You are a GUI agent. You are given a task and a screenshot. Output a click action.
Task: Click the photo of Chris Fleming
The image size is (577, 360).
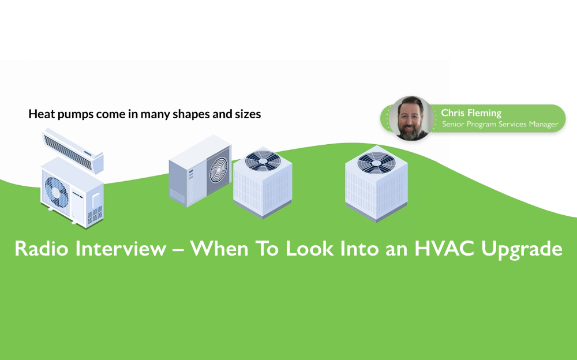coord(411,118)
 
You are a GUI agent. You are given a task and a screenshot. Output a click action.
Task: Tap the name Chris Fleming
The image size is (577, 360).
coord(471,113)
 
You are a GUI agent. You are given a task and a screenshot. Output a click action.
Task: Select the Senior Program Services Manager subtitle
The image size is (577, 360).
coord(500,125)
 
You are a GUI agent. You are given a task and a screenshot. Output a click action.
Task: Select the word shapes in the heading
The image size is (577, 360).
coord(192,114)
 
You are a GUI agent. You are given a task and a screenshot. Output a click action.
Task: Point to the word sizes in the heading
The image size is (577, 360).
coord(246,114)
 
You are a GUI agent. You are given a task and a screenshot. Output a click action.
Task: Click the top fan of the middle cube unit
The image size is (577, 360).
coord(260,160)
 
